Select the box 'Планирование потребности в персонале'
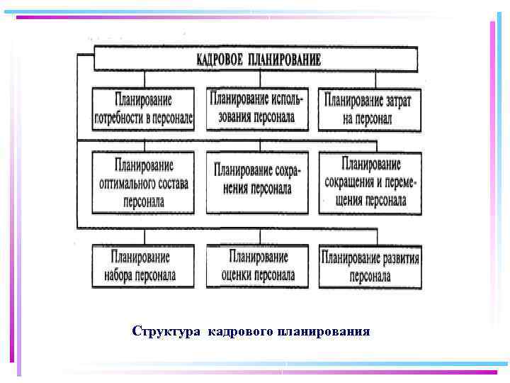(142, 109)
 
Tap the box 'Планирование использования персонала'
(257, 109)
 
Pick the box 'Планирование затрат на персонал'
(369, 109)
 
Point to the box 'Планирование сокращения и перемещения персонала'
(370, 183)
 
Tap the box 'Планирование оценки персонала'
(257, 266)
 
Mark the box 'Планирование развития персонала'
(370, 266)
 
